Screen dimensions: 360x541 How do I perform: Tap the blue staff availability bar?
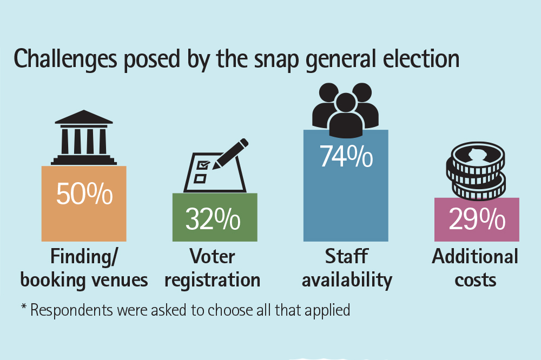click(x=346, y=205)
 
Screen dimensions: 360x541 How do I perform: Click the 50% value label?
click(x=84, y=194)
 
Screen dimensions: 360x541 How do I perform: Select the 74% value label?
click(x=346, y=156)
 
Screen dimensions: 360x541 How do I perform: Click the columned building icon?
click(x=84, y=137)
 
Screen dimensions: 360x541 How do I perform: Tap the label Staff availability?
click(x=346, y=268)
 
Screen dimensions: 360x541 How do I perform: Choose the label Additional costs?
click(x=475, y=268)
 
